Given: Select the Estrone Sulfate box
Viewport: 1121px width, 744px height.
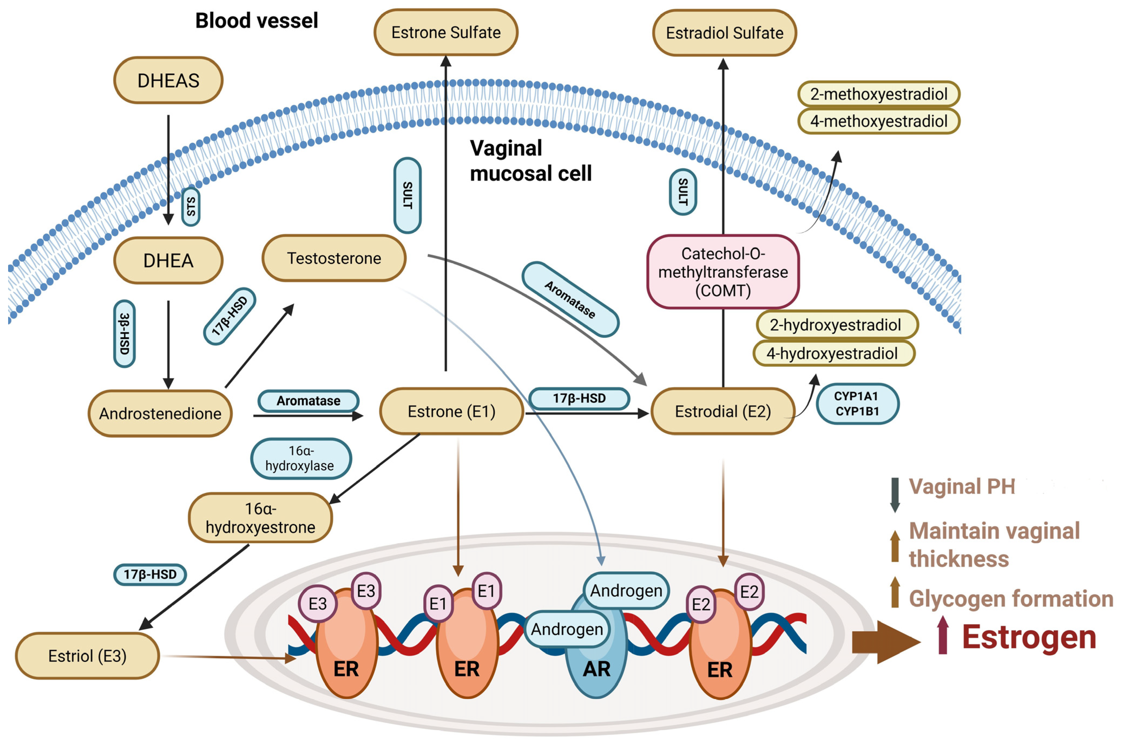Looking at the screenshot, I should point(446,32).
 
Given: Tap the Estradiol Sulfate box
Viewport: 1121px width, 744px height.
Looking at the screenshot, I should point(724,33).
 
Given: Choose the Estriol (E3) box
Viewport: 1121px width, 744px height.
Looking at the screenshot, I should point(87,656).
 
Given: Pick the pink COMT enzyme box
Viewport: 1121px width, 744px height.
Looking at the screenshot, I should point(723,272).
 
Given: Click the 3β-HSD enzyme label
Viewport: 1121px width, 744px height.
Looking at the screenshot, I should point(124,334).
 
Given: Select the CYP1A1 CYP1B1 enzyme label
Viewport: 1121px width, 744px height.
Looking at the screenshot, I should point(857,404).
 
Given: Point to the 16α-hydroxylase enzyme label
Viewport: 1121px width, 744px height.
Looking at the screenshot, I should point(301,458).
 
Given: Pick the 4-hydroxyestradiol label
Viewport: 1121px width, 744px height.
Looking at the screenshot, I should point(834,354).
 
